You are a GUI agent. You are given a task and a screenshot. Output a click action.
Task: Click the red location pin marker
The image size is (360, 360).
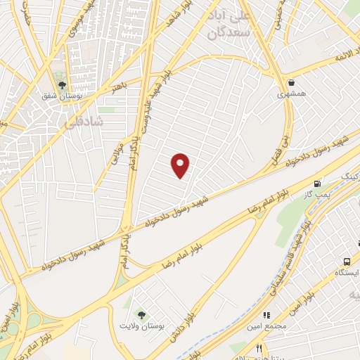(x=181, y=165)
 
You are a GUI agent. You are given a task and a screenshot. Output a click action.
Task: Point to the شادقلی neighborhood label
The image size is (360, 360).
(x=83, y=121)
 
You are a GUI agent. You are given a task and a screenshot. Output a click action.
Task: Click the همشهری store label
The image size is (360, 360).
(x=291, y=94)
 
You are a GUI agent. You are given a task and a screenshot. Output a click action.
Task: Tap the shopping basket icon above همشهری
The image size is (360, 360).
(x=291, y=82)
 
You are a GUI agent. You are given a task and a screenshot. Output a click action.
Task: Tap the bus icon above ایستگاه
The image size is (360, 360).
(x=347, y=261)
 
